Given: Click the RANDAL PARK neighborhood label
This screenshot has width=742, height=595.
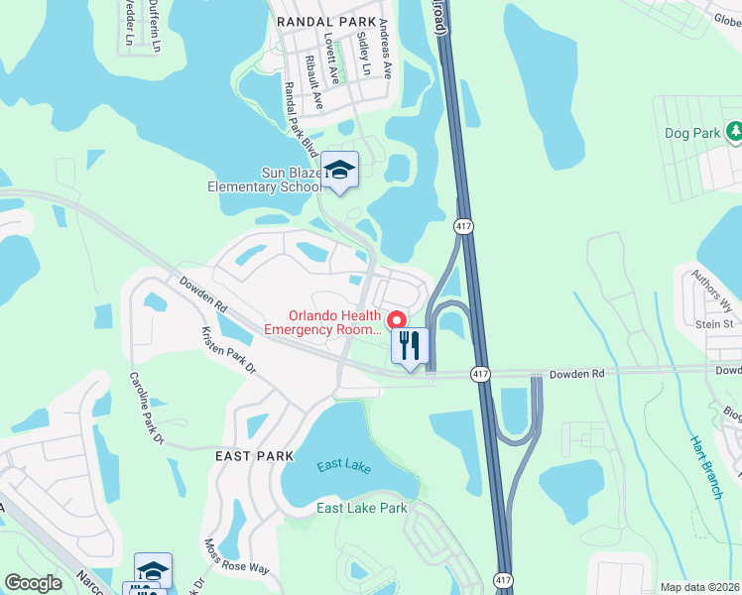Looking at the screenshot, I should [x=326, y=21].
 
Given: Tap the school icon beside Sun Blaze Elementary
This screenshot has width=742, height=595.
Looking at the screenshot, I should [x=339, y=172].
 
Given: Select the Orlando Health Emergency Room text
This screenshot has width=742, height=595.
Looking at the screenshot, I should [x=321, y=319].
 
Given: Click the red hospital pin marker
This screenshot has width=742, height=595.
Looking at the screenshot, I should [x=396, y=319].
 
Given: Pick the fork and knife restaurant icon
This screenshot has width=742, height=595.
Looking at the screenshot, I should [x=409, y=346].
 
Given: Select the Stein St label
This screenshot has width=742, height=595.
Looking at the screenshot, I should [x=714, y=323].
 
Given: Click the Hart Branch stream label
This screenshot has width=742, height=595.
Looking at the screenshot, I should [x=706, y=466].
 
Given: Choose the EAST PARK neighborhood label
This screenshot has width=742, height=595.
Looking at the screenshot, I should [x=255, y=455].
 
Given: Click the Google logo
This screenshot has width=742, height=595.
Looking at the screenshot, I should [x=33, y=583].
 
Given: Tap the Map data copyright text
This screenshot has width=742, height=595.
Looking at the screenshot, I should [x=699, y=587].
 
